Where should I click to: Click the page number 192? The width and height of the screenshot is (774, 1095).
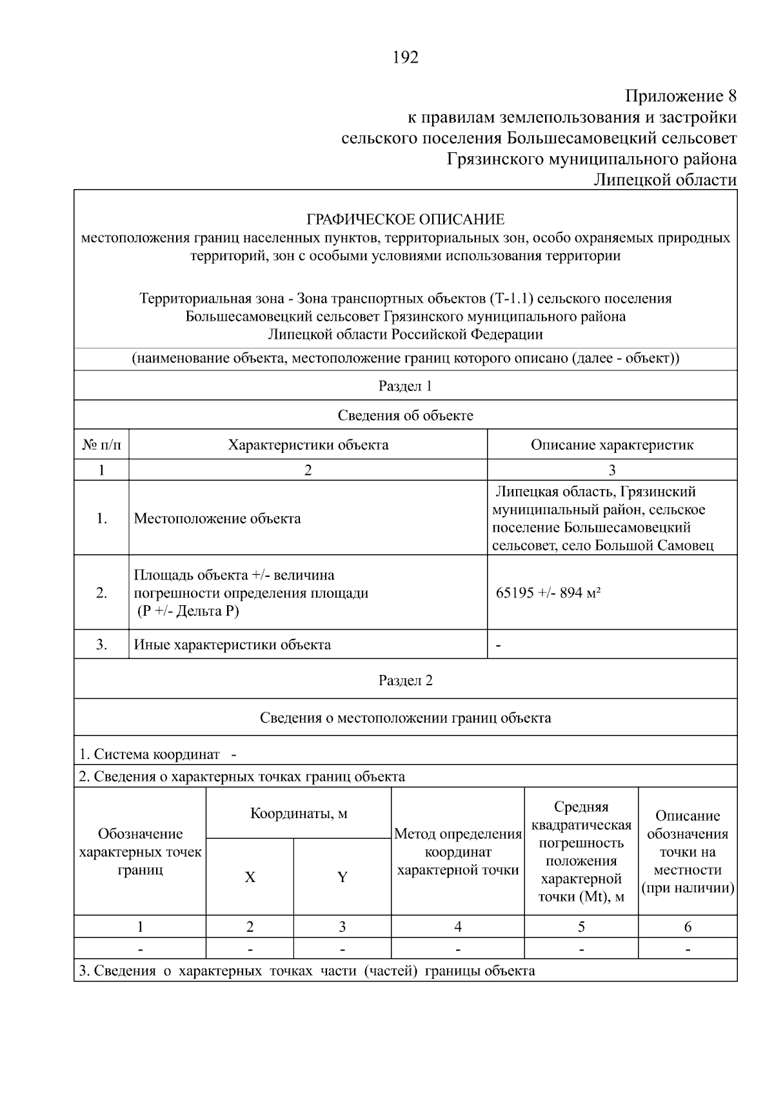tap(405, 58)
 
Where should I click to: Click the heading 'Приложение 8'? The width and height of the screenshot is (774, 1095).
tap(680, 97)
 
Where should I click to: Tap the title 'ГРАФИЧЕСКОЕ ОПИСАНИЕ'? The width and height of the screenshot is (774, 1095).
tap(405, 219)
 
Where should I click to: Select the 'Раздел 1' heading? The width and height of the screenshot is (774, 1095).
tap(405, 386)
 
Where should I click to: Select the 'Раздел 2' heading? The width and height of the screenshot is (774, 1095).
tap(405, 680)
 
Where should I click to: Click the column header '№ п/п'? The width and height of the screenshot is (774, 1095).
tap(101, 445)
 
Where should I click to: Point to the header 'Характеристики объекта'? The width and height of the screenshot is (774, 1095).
tap(308, 445)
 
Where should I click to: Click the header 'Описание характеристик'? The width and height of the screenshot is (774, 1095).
tap(611, 445)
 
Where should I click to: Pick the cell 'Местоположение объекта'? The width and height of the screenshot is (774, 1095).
tap(217, 518)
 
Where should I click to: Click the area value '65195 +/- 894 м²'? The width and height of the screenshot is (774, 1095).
tap(548, 592)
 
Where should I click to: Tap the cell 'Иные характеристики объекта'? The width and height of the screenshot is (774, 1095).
tap(232, 644)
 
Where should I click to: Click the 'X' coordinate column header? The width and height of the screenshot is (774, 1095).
tap(250, 877)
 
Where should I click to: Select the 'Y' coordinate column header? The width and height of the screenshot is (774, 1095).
tap(342, 877)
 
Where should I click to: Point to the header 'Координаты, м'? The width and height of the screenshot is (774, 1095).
tap(299, 813)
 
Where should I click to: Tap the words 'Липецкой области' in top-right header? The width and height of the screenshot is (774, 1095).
tap(664, 179)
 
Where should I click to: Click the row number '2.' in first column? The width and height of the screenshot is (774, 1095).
tap(101, 592)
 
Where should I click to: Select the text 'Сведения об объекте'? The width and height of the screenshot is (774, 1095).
tap(405, 415)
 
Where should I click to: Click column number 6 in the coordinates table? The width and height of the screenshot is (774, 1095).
tap(687, 927)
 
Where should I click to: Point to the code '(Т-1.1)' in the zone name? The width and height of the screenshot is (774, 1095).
tap(511, 299)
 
